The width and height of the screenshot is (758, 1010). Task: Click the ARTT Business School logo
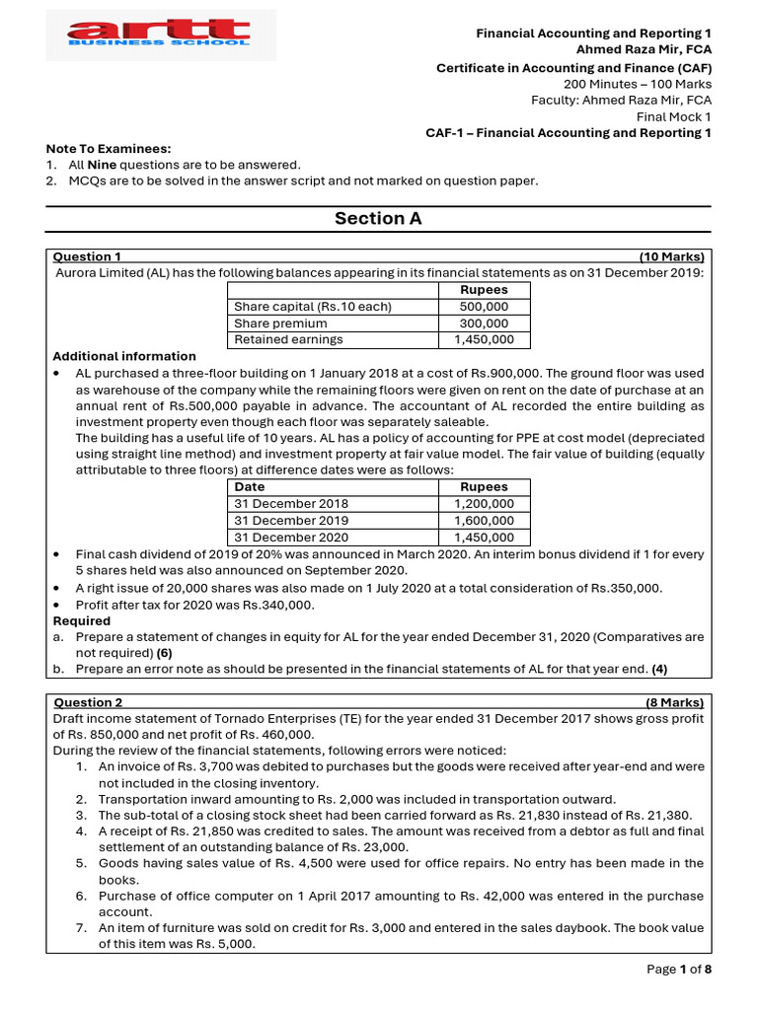pyautogui.click(x=160, y=36)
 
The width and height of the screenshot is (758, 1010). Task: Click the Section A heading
pyautogui.click(x=378, y=219)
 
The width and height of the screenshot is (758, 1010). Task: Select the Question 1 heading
pyautogui.click(x=87, y=256)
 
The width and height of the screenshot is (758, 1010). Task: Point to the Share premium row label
pyautogui.click(x=280, y=324)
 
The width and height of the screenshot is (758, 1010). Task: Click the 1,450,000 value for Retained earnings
pyautogui.click(x=484, y=340)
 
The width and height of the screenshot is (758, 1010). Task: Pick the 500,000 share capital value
pyautogui.click(x=484, y=307)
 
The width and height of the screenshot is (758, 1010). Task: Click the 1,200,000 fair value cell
pyautogui.click(x=484, y=504)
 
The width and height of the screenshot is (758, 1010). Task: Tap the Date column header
pyautogui.click(x=250, y=487)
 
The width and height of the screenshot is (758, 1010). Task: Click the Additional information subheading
pyautogui.click(x=124, y=356)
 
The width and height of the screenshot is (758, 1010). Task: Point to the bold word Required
pyautogui.click(x=82, y=621)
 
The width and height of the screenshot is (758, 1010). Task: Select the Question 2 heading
pyautogui.click(x=87, y=703)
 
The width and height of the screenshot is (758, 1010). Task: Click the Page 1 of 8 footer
pyautogui.click(x=679, y=970)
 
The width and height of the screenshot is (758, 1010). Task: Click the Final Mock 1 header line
pyautogui.click(x=673, y=116)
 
